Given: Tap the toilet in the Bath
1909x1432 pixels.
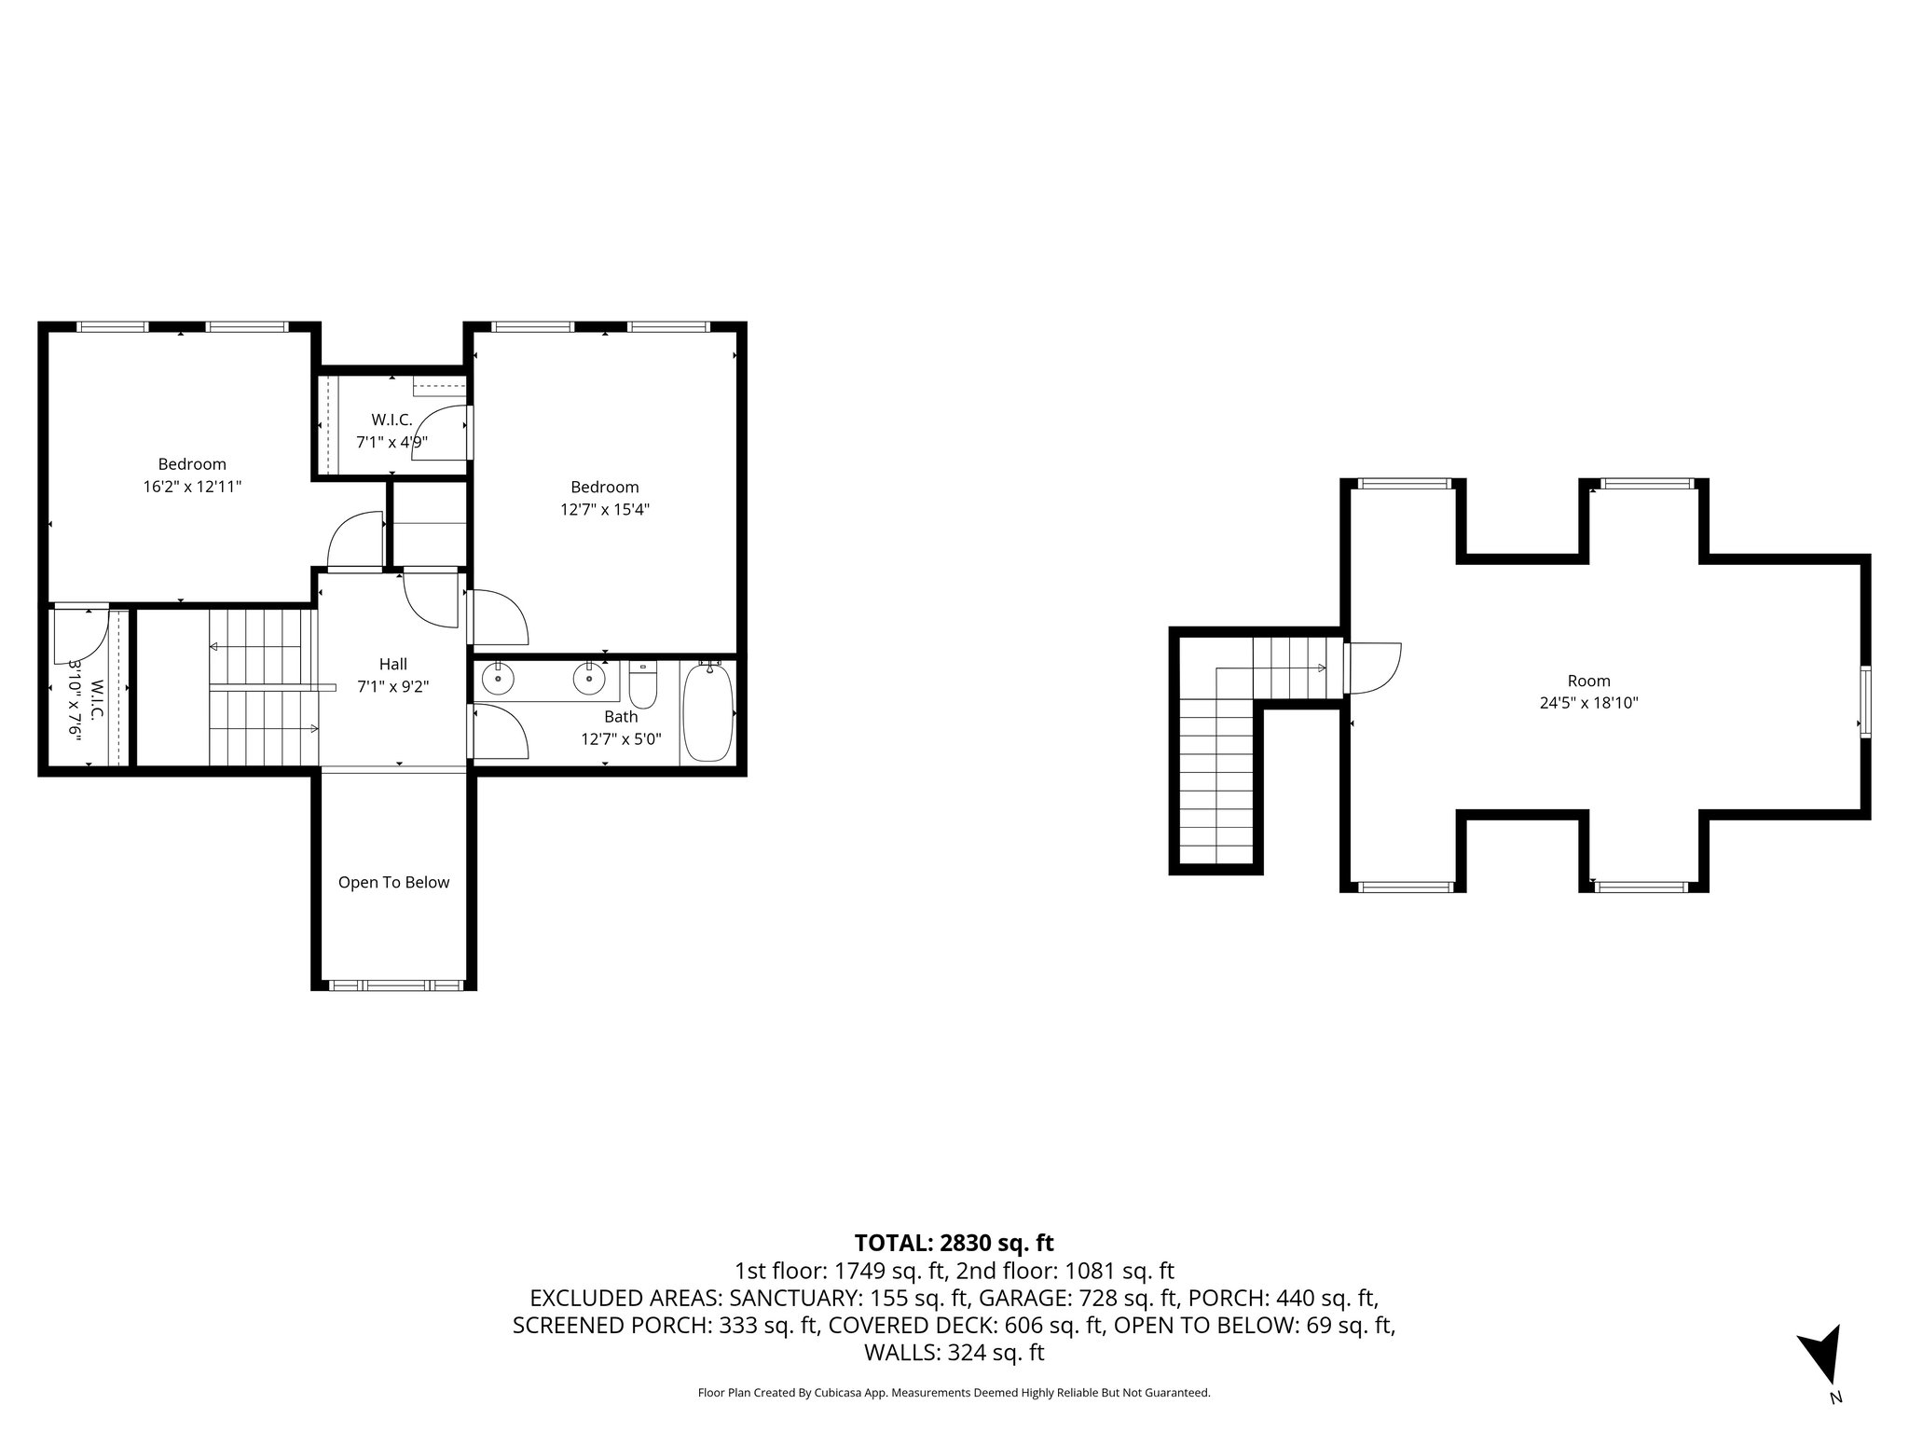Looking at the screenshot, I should [643, 683].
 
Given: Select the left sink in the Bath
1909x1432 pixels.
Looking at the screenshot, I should [499, 679].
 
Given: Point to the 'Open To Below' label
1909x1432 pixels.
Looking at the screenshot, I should [393, 882].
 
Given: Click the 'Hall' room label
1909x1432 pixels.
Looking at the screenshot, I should [392, 664].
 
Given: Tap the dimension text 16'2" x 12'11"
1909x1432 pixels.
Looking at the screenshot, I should [192, 487].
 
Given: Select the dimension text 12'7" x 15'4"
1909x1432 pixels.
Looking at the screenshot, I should [605, 509].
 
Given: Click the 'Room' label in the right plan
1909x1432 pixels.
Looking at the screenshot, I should [1588, 681].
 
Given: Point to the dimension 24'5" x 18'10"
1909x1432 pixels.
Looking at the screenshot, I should [1588, 703].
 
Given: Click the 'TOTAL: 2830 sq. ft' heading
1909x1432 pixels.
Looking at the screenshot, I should [954, 1243].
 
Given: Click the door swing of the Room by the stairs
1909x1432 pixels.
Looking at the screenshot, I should [1374, 668].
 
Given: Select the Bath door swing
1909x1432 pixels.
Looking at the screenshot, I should [501, 732].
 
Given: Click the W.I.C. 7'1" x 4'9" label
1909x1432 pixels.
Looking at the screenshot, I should [391, 432].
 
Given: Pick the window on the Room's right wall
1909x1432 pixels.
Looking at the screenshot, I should [1865, 702].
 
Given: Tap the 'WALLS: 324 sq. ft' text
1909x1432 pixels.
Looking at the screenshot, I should [954, 1352].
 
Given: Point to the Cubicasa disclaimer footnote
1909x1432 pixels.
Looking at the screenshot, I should [954, 1393].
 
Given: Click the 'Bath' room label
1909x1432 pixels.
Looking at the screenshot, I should [621, 716].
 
